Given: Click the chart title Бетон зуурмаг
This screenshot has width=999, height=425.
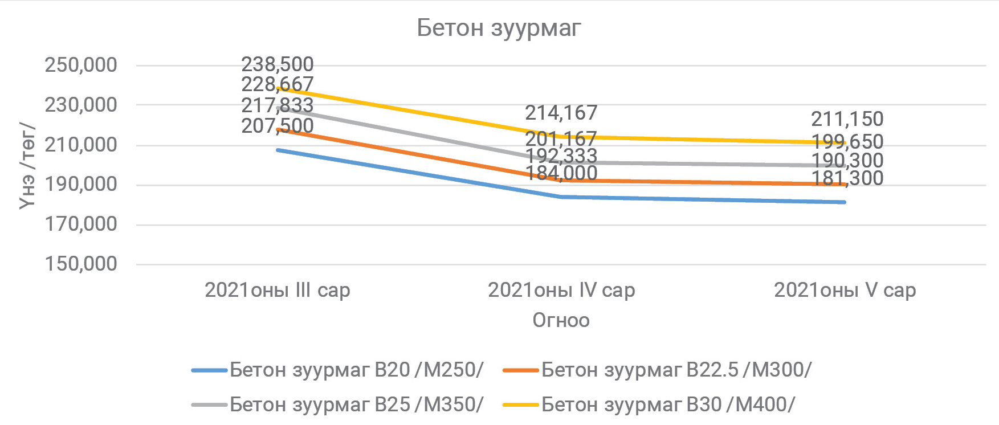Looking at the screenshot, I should (499, 27).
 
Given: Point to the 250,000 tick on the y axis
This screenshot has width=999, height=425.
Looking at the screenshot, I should (81, 65).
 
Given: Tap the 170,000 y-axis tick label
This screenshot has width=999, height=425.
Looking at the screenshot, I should (81, 224).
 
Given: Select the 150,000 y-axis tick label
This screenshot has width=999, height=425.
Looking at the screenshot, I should (81, 264).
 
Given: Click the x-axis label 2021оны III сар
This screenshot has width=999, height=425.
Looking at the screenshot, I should (277, 290).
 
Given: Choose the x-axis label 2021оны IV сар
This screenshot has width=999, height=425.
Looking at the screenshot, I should (561, 290).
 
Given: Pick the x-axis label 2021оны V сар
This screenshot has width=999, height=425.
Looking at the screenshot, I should (845, 290).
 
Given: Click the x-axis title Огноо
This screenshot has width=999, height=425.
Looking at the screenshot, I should (561, 320).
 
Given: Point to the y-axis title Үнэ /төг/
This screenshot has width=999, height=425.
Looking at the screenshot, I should (27, 165).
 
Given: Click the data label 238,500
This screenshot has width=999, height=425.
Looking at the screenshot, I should (277, 64).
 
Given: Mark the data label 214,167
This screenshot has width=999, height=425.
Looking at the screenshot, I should (561, 113).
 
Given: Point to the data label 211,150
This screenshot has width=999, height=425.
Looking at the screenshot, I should (847, 119).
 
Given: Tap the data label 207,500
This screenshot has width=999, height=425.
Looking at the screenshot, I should (277, 126).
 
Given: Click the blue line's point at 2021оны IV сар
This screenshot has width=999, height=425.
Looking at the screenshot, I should (561, 197).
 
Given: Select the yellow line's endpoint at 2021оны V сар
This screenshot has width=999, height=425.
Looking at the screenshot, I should (845, 142).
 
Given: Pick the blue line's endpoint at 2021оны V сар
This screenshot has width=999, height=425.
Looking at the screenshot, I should (845, 202).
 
